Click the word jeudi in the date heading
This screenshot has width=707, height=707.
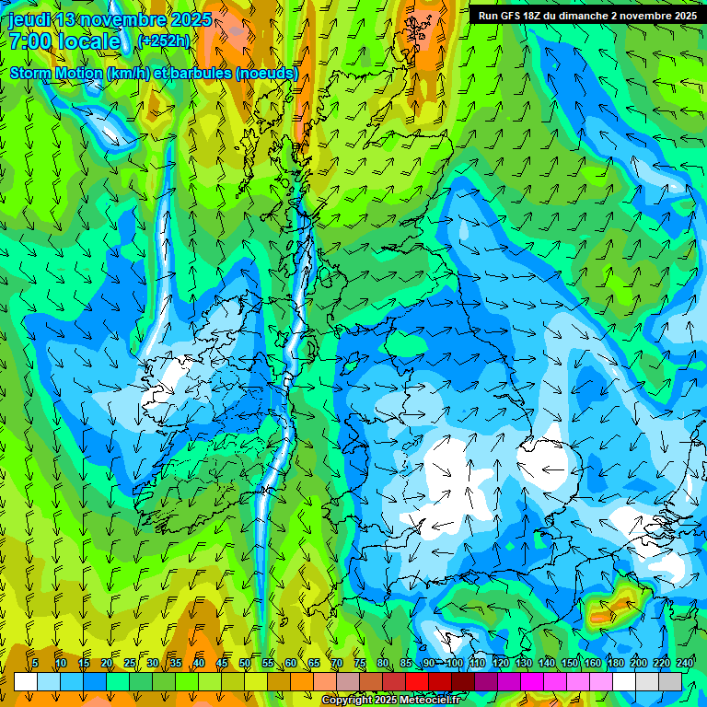tap(29, 20)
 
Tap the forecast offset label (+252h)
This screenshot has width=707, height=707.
tap(163, 41)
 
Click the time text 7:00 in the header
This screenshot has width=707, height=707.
tap(29, 41)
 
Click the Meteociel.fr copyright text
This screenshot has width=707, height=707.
tap(390, 701)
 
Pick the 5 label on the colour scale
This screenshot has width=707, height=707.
tap(35, 663)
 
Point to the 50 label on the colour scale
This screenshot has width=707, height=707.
tap(245, 663)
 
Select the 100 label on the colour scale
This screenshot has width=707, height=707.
tap(454, 663)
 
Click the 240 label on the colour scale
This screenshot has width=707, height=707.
tap(684, 663)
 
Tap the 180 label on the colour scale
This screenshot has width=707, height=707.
tap(615, 663)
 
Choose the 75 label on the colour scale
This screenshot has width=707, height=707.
tap(360, 663)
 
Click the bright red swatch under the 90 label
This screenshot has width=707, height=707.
tap(417, 681)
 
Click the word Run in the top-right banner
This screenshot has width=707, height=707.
tap(489, 16)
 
